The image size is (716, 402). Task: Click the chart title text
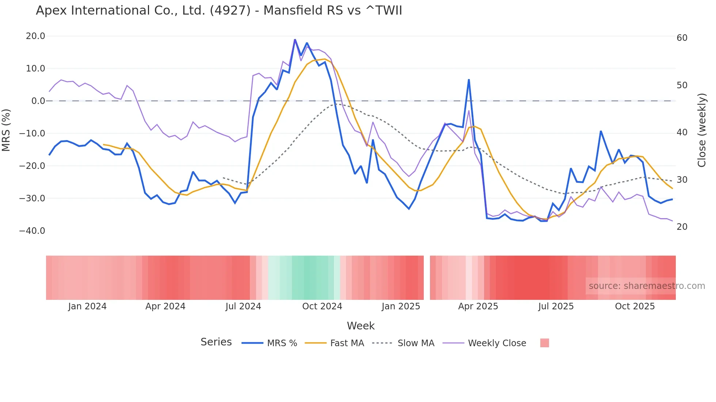[x=219, y=11]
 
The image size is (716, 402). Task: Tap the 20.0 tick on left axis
[x=35, y=36]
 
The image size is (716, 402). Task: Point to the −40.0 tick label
[x=32, y=231]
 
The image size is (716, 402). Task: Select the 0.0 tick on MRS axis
[x=38, y=101]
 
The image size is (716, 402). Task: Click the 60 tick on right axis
[x=682, y=38]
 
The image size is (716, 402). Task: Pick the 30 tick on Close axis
[x=682, y=180]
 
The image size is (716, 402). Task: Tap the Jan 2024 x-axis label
[x=87, y=306]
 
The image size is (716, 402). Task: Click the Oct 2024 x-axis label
[x=322, y=306]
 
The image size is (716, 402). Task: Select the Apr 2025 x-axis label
[x=478, y=306]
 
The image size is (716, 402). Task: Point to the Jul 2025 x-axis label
[x=556, y=306]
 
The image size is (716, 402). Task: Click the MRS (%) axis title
[x=6, y=130]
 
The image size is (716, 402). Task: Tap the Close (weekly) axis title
[x=701, y=130]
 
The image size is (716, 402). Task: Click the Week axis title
[x=361, y=326]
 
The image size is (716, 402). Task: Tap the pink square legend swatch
[x=544, y=343]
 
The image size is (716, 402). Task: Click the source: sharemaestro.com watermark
[x=647, y=286]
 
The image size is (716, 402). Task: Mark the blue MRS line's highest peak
[x=295, y=39]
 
